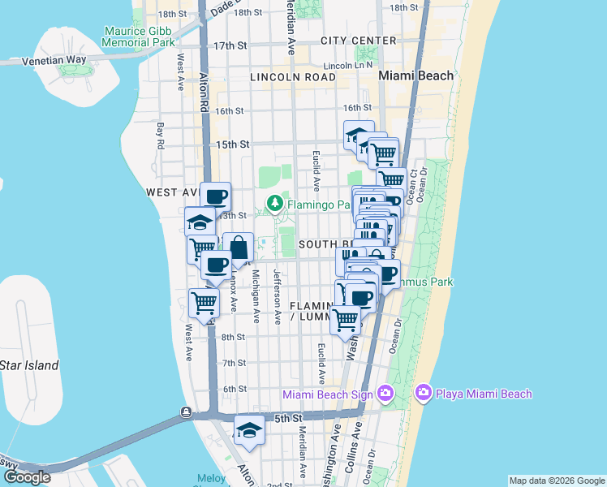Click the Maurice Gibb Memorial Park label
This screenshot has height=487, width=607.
140,37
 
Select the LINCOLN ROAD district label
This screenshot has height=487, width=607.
293,77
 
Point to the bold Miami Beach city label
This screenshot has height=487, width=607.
416,75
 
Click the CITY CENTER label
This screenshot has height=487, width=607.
358,41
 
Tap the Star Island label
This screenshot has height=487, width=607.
29,365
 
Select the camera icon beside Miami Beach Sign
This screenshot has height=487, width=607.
385,394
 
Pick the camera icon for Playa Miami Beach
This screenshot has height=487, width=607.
423,394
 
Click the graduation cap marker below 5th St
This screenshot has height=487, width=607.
249,430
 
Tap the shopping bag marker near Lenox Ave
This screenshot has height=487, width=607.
239,248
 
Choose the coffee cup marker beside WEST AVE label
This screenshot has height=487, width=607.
216,196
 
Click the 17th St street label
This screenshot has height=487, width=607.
230,45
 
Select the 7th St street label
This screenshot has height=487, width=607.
234,363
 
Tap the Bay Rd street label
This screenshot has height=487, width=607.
161,136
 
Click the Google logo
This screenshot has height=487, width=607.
27,477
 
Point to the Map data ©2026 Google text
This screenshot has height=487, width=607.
557,481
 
